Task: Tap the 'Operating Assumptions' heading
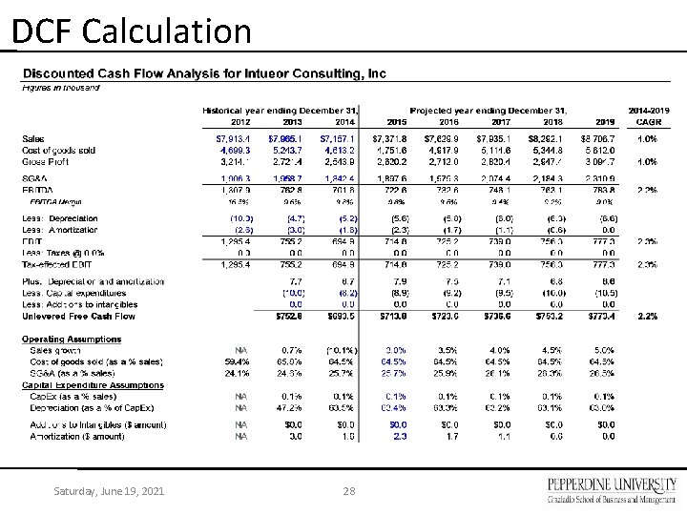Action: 67,340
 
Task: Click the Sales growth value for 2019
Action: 605,350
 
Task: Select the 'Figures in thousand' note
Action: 60,88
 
